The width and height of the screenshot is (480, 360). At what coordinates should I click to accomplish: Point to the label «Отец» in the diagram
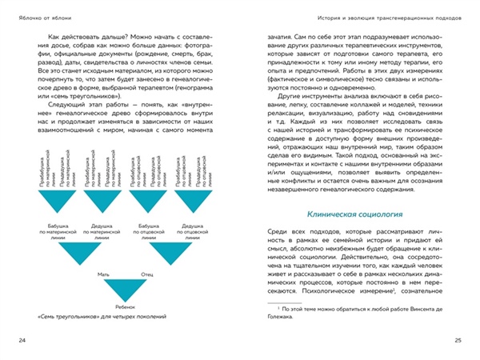(147, 273)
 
